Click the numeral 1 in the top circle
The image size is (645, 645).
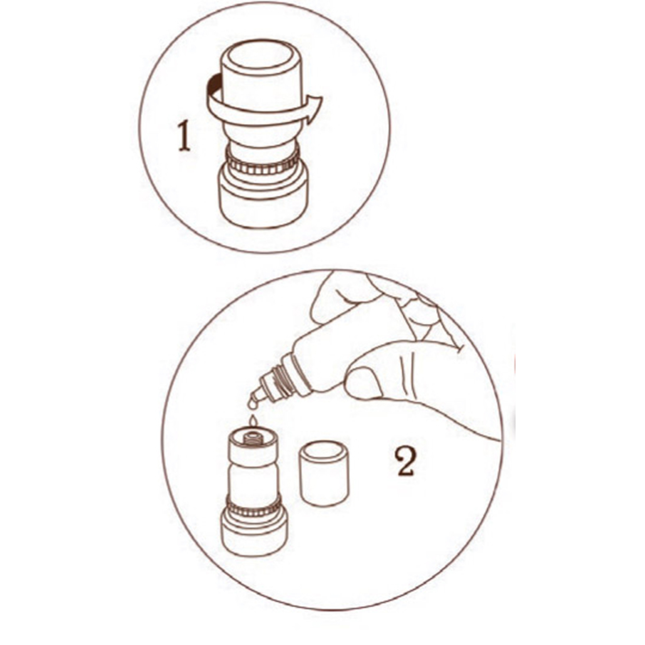[x=184, y=137]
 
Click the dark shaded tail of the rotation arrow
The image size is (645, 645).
[x=214, y=85]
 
